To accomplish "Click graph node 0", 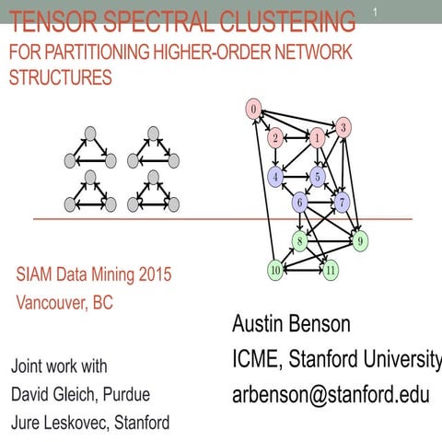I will coord(253,110).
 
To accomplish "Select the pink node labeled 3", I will coord(343,128).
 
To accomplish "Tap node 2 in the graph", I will coord(275,139).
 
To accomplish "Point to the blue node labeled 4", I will coord(275,176).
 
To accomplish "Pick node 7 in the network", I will coord(343,200).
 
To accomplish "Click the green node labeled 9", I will coord(361,241).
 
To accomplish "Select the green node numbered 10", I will coord(274,270).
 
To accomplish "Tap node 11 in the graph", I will coord(331,270).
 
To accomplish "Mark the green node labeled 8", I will coord(299,241).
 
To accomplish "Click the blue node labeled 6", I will coord(299,202).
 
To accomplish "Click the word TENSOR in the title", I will coord(44,20).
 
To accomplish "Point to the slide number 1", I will coord(376,11).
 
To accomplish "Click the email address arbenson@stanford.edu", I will coord(331,394).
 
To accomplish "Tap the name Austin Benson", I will coord(290,325).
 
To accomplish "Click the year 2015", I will coord(153,274).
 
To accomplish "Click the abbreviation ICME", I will coord(256,359).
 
